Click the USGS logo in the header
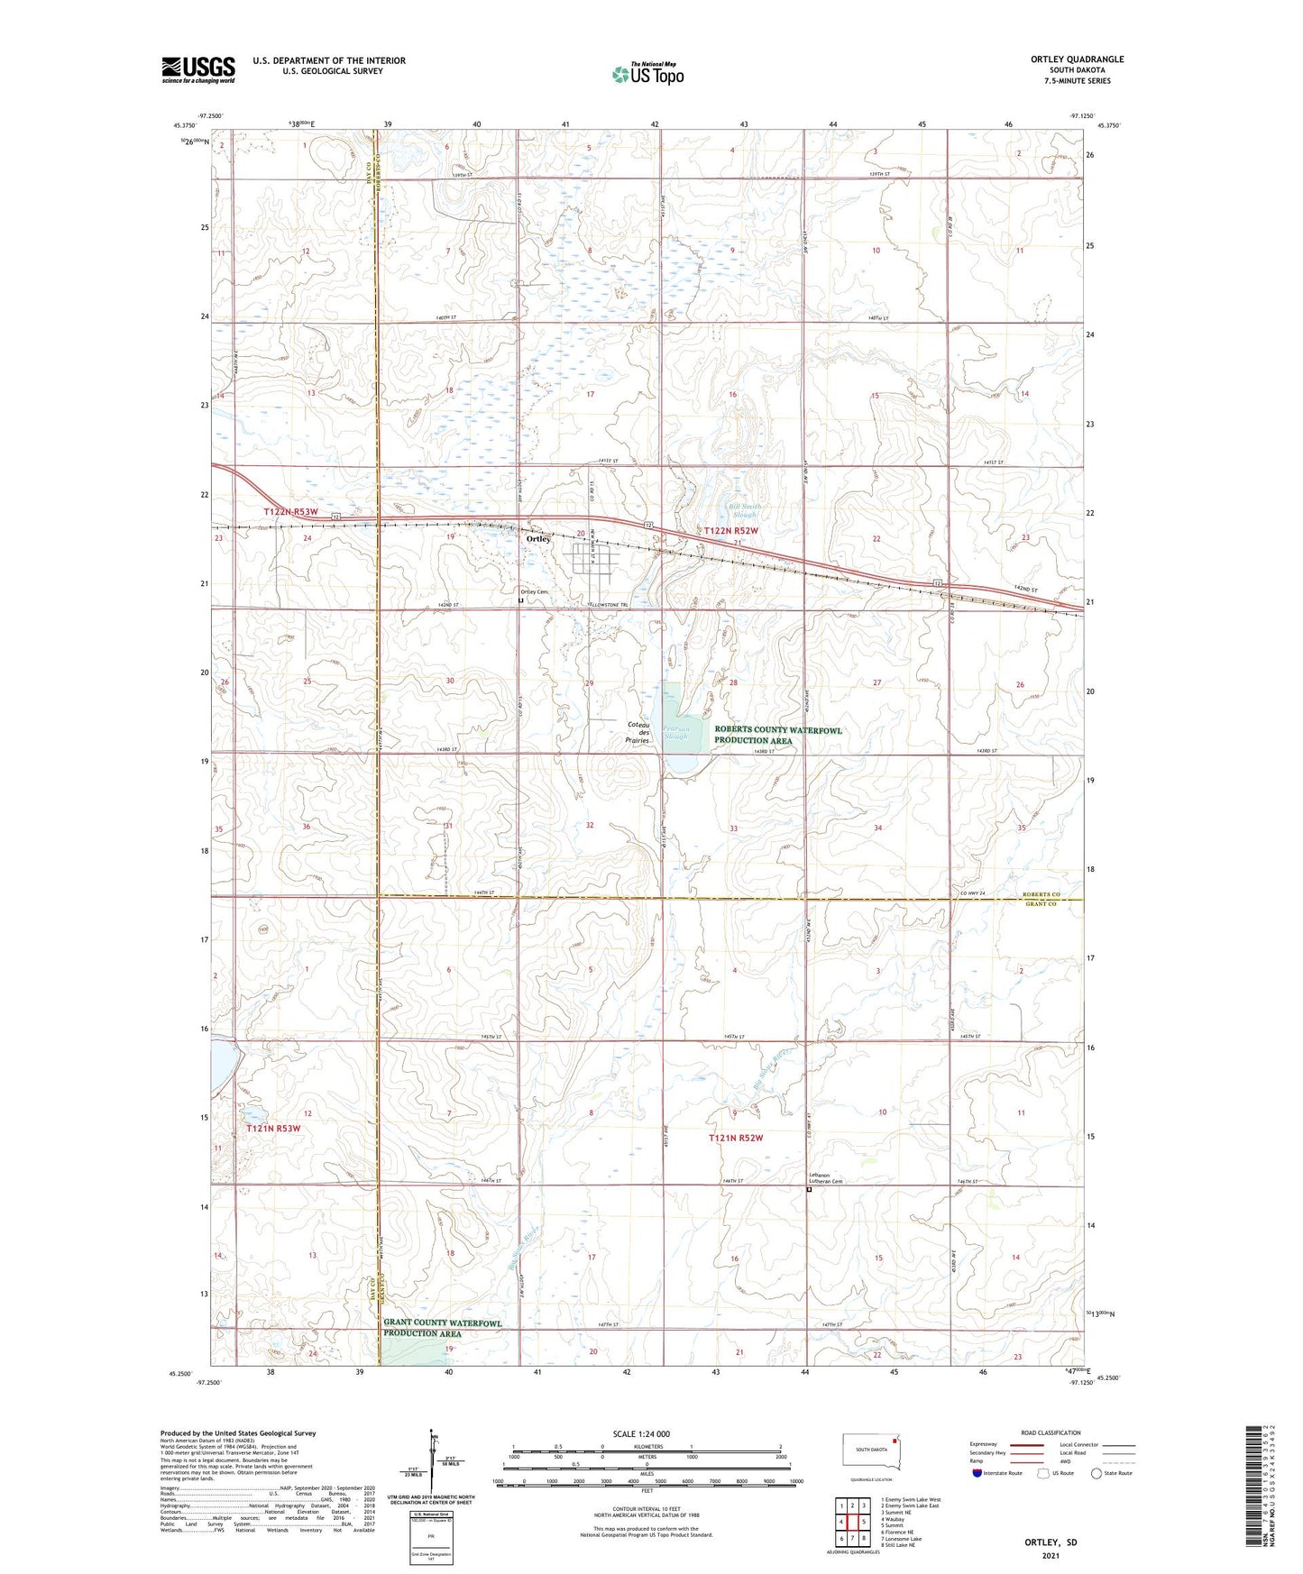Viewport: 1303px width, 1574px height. coord(198,69)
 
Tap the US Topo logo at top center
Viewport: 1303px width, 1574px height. coord(647,74)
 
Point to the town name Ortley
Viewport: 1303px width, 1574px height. coord(538,539)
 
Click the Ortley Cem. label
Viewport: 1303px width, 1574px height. coord(532,591)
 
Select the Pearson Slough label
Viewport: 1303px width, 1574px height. coord(676,733)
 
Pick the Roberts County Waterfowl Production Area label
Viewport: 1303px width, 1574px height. coord(778,735)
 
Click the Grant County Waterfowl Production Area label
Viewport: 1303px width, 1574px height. coord(443,1328)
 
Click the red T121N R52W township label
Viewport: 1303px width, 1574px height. coord(736,1138)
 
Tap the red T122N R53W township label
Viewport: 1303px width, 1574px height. coord(291,512)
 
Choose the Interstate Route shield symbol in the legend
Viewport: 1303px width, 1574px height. coord(977,1473)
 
